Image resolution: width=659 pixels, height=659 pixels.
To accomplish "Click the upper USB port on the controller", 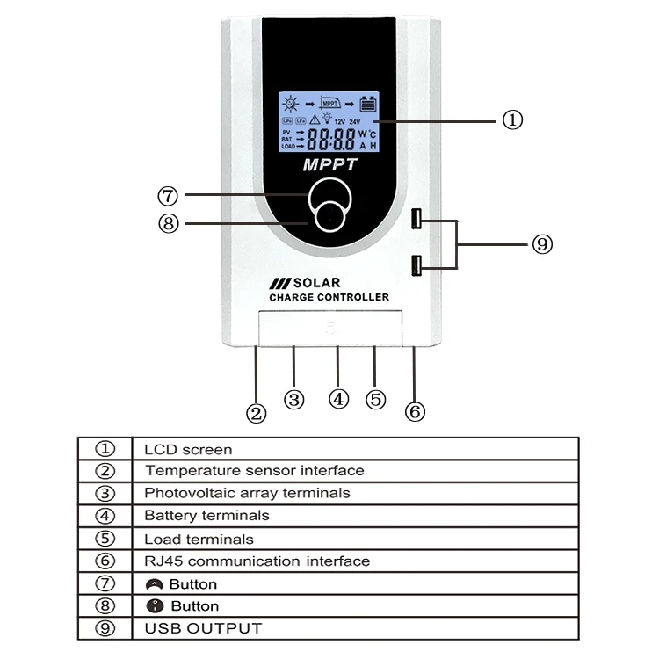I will click(417, 219).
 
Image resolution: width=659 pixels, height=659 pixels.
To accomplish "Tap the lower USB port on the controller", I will click(417, 264).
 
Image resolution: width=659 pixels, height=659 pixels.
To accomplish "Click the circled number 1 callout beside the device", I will click(512, 120).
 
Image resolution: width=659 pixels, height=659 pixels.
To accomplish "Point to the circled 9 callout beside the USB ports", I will click(542, 244).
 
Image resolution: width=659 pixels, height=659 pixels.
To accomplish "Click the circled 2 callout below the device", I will click(256, 413).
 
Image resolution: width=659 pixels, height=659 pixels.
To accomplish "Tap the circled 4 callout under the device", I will click(339, 398).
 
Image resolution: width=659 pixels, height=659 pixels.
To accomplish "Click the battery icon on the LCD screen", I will click(367, 102).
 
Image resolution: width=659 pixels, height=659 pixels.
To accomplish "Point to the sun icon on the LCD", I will click(290, 101).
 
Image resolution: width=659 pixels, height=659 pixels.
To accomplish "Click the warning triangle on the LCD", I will click(315, 119).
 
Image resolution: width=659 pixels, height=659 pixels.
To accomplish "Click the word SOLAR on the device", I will click(315, 283).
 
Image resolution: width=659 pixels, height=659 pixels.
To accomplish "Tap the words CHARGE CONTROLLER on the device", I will click(329, 298).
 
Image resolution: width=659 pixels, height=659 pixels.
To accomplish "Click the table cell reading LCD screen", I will click(188, 449).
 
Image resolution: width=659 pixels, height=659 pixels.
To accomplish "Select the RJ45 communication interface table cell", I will click(257, 561).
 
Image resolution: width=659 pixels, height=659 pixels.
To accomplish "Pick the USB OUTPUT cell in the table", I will click(203, 628).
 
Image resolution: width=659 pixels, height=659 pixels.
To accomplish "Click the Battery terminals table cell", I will click(206, 516).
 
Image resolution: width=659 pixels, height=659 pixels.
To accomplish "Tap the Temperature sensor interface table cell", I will click(254, 471).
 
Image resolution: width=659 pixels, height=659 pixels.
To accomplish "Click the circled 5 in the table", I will click(105, 539).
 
